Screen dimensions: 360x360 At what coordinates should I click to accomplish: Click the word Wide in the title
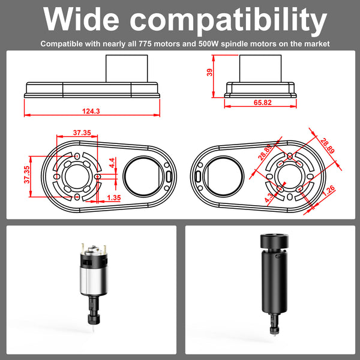(x=81, y=19)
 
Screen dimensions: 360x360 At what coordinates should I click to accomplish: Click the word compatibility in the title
(x=229, y=21)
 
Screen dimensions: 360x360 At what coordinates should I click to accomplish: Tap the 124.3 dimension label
(x=91, y=111)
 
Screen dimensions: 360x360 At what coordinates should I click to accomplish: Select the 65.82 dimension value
(x=262, y=103)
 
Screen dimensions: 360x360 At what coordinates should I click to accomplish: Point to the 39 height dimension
(x=209, y=73)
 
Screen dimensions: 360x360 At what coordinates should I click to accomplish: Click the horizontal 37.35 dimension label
(x=82, y=133)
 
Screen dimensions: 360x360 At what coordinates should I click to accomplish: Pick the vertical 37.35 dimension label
(x=27, y=175)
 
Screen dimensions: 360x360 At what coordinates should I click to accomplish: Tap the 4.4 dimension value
(x=112, y=163)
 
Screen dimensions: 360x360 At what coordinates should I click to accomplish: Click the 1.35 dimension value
(x=114, y=197)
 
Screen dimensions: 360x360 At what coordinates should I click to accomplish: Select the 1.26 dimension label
(x=329, y=190)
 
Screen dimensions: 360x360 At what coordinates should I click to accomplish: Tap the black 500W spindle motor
(x=274, y=284)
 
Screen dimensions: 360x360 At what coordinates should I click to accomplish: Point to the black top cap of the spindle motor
(x=274, y=241)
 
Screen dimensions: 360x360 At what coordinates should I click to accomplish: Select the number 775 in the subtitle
(x=145, y=44)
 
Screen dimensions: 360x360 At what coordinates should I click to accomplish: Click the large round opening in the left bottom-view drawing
(x=143, y=176)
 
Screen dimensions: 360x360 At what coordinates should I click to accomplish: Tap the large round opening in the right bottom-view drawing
(x=224, y=176)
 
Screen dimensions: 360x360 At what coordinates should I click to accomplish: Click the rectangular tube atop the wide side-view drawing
(x=127, y=68)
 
